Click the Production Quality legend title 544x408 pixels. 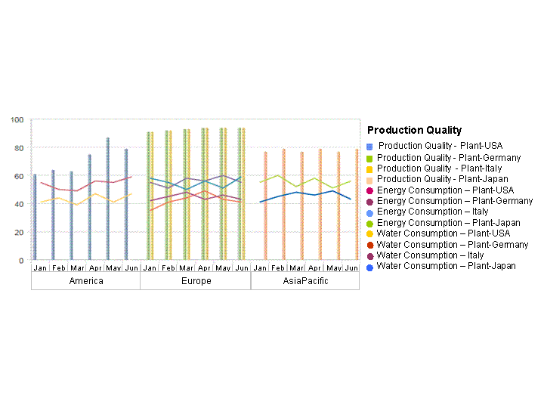pyautogui.click(x=414, y=131)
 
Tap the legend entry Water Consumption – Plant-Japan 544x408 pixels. pyautogui.click(x=446, y=266)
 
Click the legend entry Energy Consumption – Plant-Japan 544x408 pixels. pyautogui.click(x=448, y=223)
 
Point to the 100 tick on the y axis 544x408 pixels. pyautogui.click(x=17, y=119)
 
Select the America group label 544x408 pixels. pyautogui.click(x=85, y=281)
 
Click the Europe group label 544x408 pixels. pyautogui.click(x=196, y=281)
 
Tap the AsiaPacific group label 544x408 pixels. pyautogui.click(x=305, y=281)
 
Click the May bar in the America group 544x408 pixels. pyautogui.click(x=107, y=199)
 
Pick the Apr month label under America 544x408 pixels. pyautogui.click(x=95, y=267)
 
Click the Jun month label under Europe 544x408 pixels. pyautogui.click(x=241, y=267)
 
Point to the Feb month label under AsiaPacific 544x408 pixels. pyautogui.click(x=278, y=267)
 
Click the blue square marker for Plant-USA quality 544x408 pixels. pyautogui.click(x=369, y=146)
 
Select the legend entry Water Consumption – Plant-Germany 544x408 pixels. pyautogui.click(x=452, y=245)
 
